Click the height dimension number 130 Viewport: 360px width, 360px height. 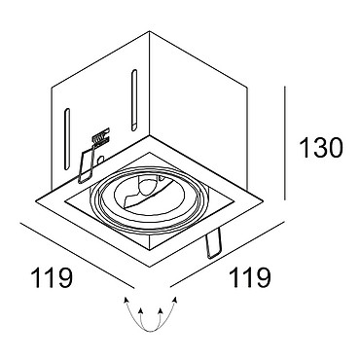pyautogui.click(x=321, y=148)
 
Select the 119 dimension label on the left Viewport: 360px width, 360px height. pyautogui.click(x=52, y=277)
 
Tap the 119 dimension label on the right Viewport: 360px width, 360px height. pyautogui.click(x=250, y=277)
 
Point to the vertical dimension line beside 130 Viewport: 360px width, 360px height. pyautogui.click(x=284, y=143)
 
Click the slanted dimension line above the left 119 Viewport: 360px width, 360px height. pyautogui.click(x=77, y=255)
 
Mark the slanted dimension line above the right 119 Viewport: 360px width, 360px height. pyautogui.click(x=227, y=254)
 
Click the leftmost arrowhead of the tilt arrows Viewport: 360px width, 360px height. pyautogui.click(x=125, y=299)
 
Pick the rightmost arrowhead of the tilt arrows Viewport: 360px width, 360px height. pyautogui.click(x=175, y=299)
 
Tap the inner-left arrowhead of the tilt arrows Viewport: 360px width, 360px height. pyautogui.click(x=140, y=311)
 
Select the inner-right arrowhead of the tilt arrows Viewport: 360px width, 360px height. pyautogui.click(x=160, y=311)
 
